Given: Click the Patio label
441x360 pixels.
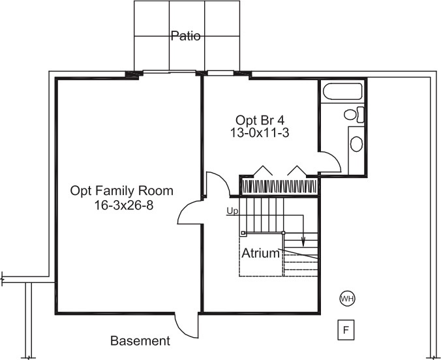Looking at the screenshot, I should pos(185,37).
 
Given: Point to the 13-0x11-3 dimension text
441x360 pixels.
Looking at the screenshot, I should pos(260,132).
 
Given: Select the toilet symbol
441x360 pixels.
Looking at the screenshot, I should pos(354,115).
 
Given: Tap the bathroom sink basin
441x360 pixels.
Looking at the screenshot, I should pos(356,143).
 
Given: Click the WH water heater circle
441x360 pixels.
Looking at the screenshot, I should pos(346,299).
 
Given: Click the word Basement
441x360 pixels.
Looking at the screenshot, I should pos(140,341).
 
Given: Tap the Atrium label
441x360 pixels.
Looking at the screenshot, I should pos(260,253).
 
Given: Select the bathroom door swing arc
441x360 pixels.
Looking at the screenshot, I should pos(331,160).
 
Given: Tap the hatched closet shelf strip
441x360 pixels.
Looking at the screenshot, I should pos(279,187).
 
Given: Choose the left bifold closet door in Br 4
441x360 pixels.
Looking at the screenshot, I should pos(262,171).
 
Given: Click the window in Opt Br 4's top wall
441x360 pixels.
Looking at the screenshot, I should pos(220,72).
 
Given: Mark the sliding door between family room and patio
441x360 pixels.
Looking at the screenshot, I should pos(168,72).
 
